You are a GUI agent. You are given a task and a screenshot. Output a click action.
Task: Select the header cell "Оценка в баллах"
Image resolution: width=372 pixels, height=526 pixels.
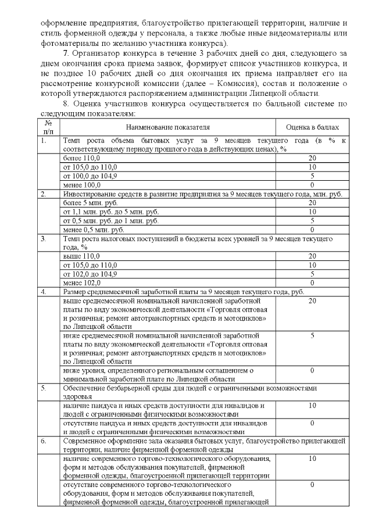[312, 127]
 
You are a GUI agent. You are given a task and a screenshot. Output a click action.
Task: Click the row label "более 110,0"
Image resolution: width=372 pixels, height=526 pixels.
[81, 158]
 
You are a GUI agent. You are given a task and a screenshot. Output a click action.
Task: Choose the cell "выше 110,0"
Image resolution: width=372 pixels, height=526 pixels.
[81, 256]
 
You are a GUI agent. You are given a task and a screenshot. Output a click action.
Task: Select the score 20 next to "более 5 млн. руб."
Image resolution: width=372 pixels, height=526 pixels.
[312, 203]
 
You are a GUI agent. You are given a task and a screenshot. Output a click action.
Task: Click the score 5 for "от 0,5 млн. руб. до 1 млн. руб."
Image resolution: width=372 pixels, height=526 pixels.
[312, 221]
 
